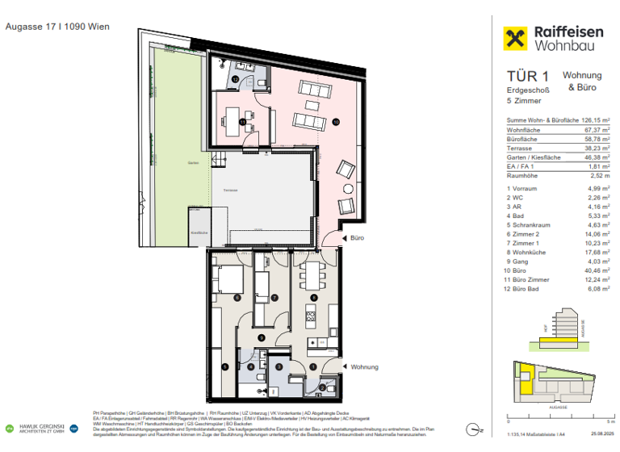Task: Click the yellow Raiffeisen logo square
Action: point(516,39)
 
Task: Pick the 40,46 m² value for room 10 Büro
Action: point(598,269)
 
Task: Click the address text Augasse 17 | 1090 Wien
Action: point(57,27)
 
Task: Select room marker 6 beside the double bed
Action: point(237,297)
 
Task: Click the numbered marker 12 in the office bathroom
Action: point(235,80)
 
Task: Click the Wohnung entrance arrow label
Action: point(365,366)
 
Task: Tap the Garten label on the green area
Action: point(193,162)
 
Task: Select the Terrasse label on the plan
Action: point(232,188)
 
